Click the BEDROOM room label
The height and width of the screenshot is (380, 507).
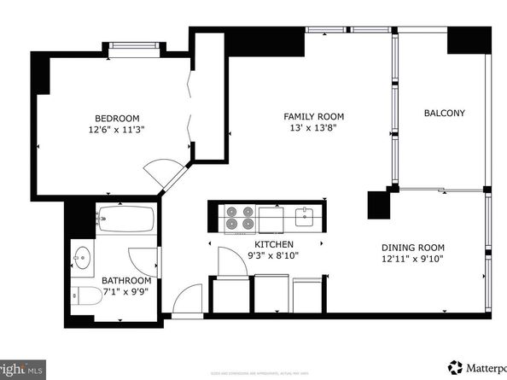click(x=117, y=118)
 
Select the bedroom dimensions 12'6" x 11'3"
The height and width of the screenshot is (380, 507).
click(x=117, y=131)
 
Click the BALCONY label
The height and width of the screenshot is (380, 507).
click(x=444, y=113)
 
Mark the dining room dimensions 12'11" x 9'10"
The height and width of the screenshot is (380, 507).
click(x=411, y=259)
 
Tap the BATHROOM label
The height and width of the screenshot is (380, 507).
click(x=126, y=281)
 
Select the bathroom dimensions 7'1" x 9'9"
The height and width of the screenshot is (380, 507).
click(x=126, y=293)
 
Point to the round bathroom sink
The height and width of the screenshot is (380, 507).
click(x=84, y=257)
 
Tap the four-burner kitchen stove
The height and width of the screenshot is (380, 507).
click(x=239, y=219)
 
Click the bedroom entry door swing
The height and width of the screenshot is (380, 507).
click(x=161, y=173)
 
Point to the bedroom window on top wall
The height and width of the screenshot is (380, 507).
click(x=134, y=44)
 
